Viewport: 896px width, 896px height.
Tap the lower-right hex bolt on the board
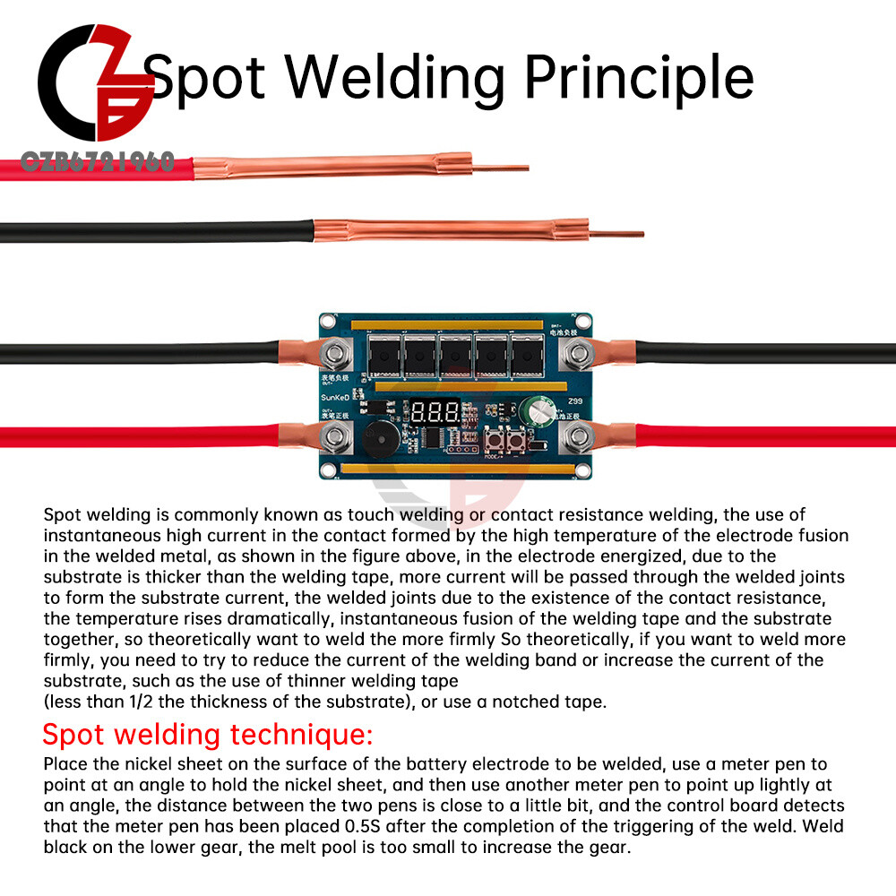click(x=574, y=438)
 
